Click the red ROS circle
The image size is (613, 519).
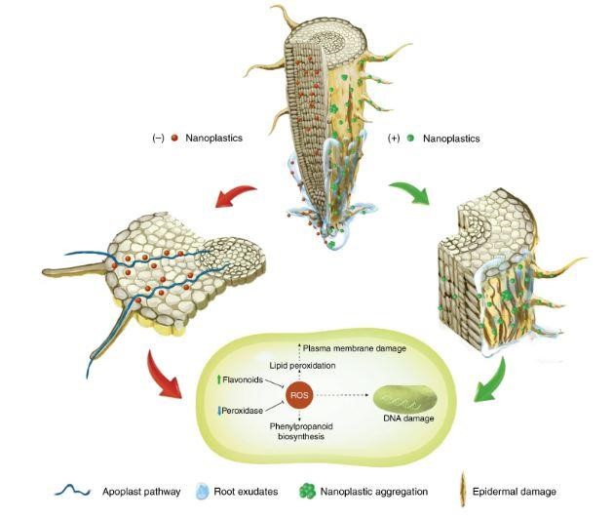point(299,395)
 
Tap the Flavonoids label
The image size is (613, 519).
point(243,379)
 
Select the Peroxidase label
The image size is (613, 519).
point(242,411)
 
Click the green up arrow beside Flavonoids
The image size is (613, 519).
point(218,379)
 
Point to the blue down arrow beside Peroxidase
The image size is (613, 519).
point(219,411)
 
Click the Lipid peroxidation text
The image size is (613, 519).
point(302,365)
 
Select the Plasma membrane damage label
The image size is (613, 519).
point(354,348)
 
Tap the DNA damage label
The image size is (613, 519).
point(408,419)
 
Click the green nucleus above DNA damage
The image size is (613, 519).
point(405,398)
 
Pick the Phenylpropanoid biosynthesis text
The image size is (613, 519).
point(301,431)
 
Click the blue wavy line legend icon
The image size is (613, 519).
point(73,491)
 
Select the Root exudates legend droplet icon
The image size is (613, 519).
point(202,492)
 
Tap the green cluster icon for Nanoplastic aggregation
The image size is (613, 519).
point(307,492)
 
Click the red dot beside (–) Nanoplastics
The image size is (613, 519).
point(174,138)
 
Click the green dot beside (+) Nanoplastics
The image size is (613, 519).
point(410,139)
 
